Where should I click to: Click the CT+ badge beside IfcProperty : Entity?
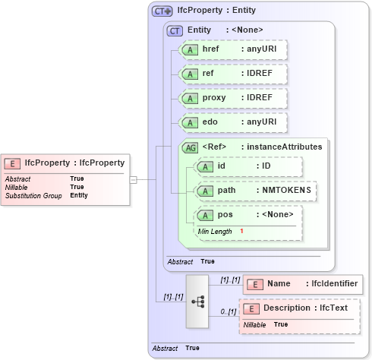[162, 11]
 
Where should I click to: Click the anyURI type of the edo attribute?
[259, 122]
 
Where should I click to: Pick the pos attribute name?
[225, 215]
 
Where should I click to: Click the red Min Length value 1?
[241, 231]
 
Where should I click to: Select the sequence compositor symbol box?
[197, 301]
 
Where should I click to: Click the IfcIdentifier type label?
[334, 284]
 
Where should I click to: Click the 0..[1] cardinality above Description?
[228, 312]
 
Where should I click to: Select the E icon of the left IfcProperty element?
[13, 163]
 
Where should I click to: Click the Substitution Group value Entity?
[79, 195]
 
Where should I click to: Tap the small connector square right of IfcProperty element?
[133, 179]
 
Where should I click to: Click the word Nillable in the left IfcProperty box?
[17, 187]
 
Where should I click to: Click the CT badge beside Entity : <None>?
[175, 30]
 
